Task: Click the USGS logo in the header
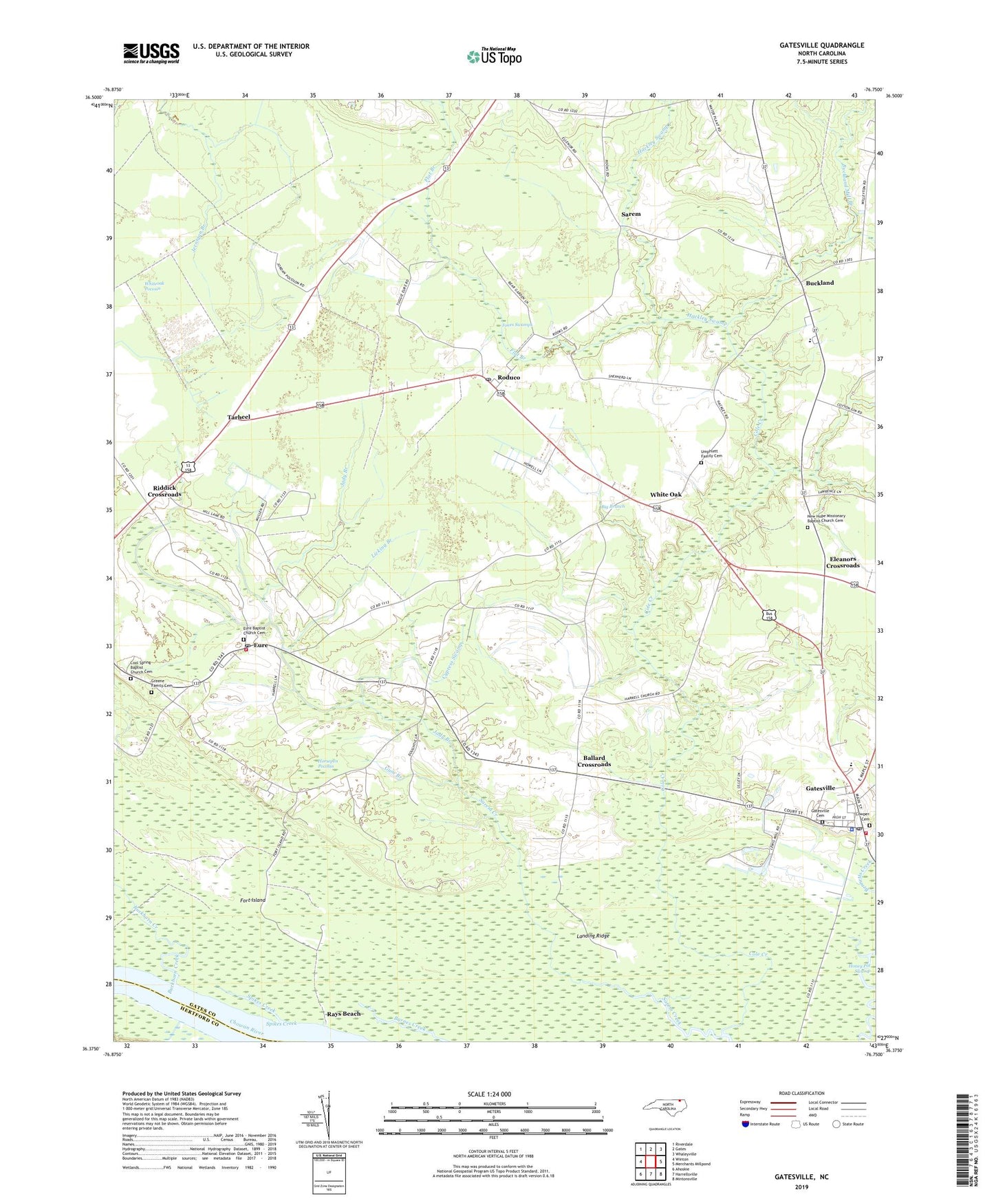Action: point(151,53)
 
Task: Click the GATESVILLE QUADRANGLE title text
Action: point(821,45)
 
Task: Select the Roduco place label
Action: point(508,378)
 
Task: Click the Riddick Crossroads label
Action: point(164,491)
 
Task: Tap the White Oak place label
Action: point(665,495)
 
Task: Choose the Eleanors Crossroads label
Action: point(843,562)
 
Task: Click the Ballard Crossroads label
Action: point(594,761)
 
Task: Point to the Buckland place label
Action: point(819,283)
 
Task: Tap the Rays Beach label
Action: point(343,1014)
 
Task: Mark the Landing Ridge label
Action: point(593,936)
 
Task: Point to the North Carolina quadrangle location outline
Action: point(665,1106)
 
